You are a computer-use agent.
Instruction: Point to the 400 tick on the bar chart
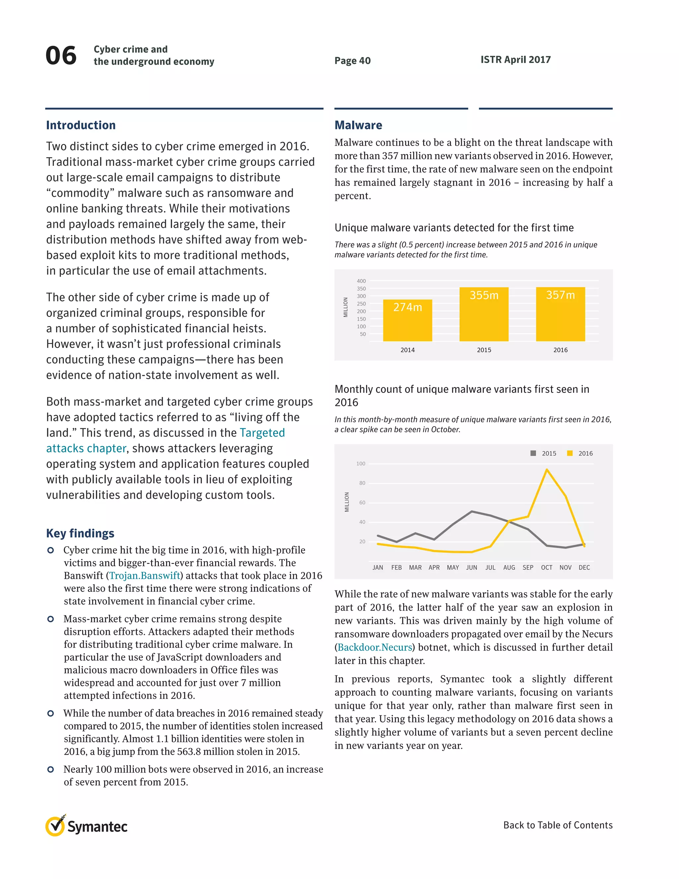point(361,281)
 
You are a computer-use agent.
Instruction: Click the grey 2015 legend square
point(533,453)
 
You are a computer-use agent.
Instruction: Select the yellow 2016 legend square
point(570,453)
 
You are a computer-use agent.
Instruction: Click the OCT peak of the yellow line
point(547,469)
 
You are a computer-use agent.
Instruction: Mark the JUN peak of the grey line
point(471,511)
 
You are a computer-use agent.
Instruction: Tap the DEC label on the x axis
point(584,568)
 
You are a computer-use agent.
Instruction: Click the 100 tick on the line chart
point(360,464)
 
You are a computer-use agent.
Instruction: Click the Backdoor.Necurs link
point(375,647)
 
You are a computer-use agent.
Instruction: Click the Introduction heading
point(81,125)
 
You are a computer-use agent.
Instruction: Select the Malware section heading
point(358,125)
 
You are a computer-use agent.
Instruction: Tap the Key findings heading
point(80,533)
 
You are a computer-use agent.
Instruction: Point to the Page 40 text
point(352,61)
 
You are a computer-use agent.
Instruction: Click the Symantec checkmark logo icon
point(55,826)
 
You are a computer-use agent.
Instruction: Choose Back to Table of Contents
point(558,825)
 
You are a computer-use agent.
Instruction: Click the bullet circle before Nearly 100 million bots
point(50,770)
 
